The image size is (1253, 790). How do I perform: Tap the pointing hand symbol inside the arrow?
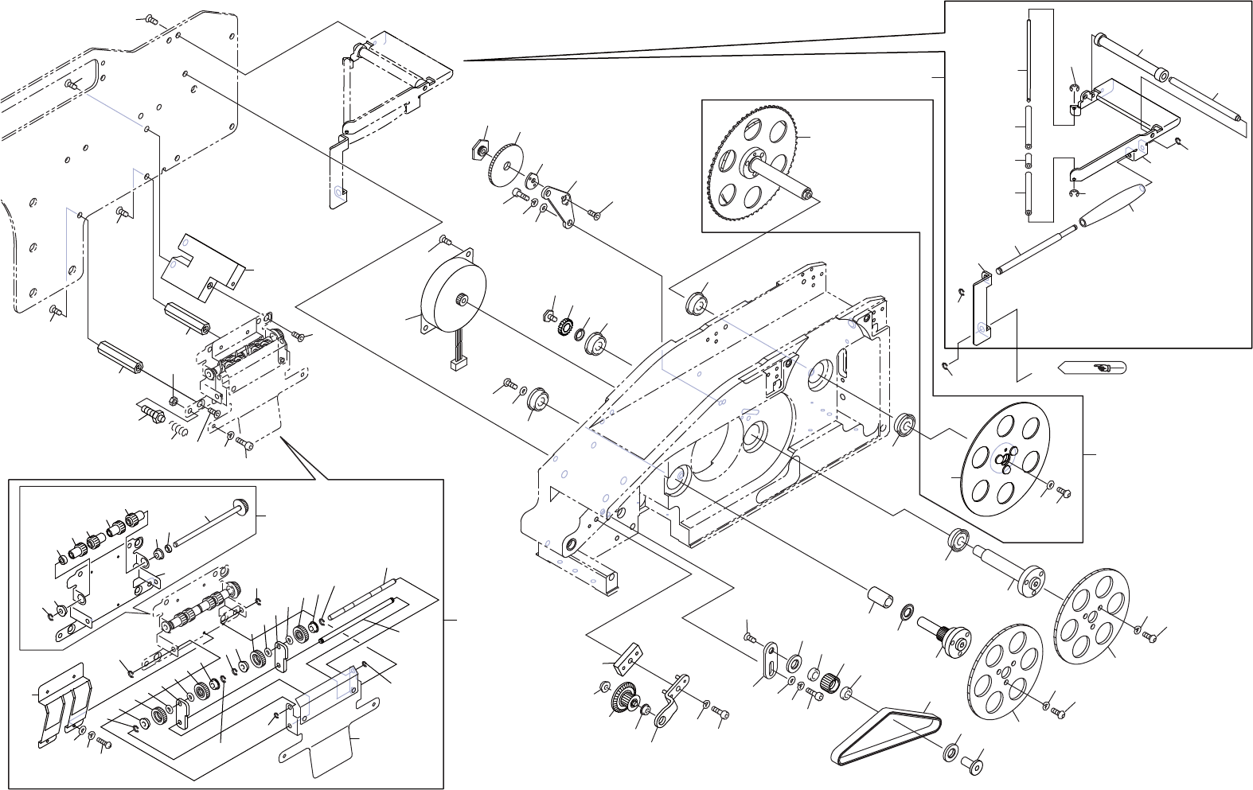pos(1102,368)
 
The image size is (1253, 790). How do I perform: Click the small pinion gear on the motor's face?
pos(460,299)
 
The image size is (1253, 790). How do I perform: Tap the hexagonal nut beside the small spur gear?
pos(481,150)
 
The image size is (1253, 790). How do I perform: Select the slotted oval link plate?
pos(771,660)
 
